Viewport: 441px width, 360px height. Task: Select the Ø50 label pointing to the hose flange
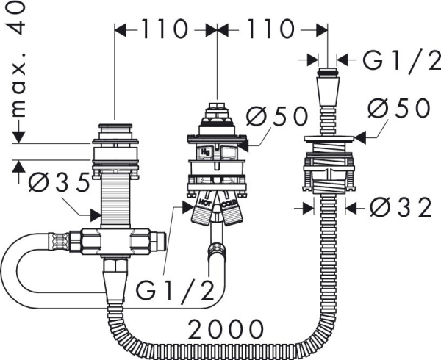pyautogui.click(x=399, y=108)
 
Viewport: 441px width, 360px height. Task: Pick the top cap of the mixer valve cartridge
pyautogui.click(x=217, y=110)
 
